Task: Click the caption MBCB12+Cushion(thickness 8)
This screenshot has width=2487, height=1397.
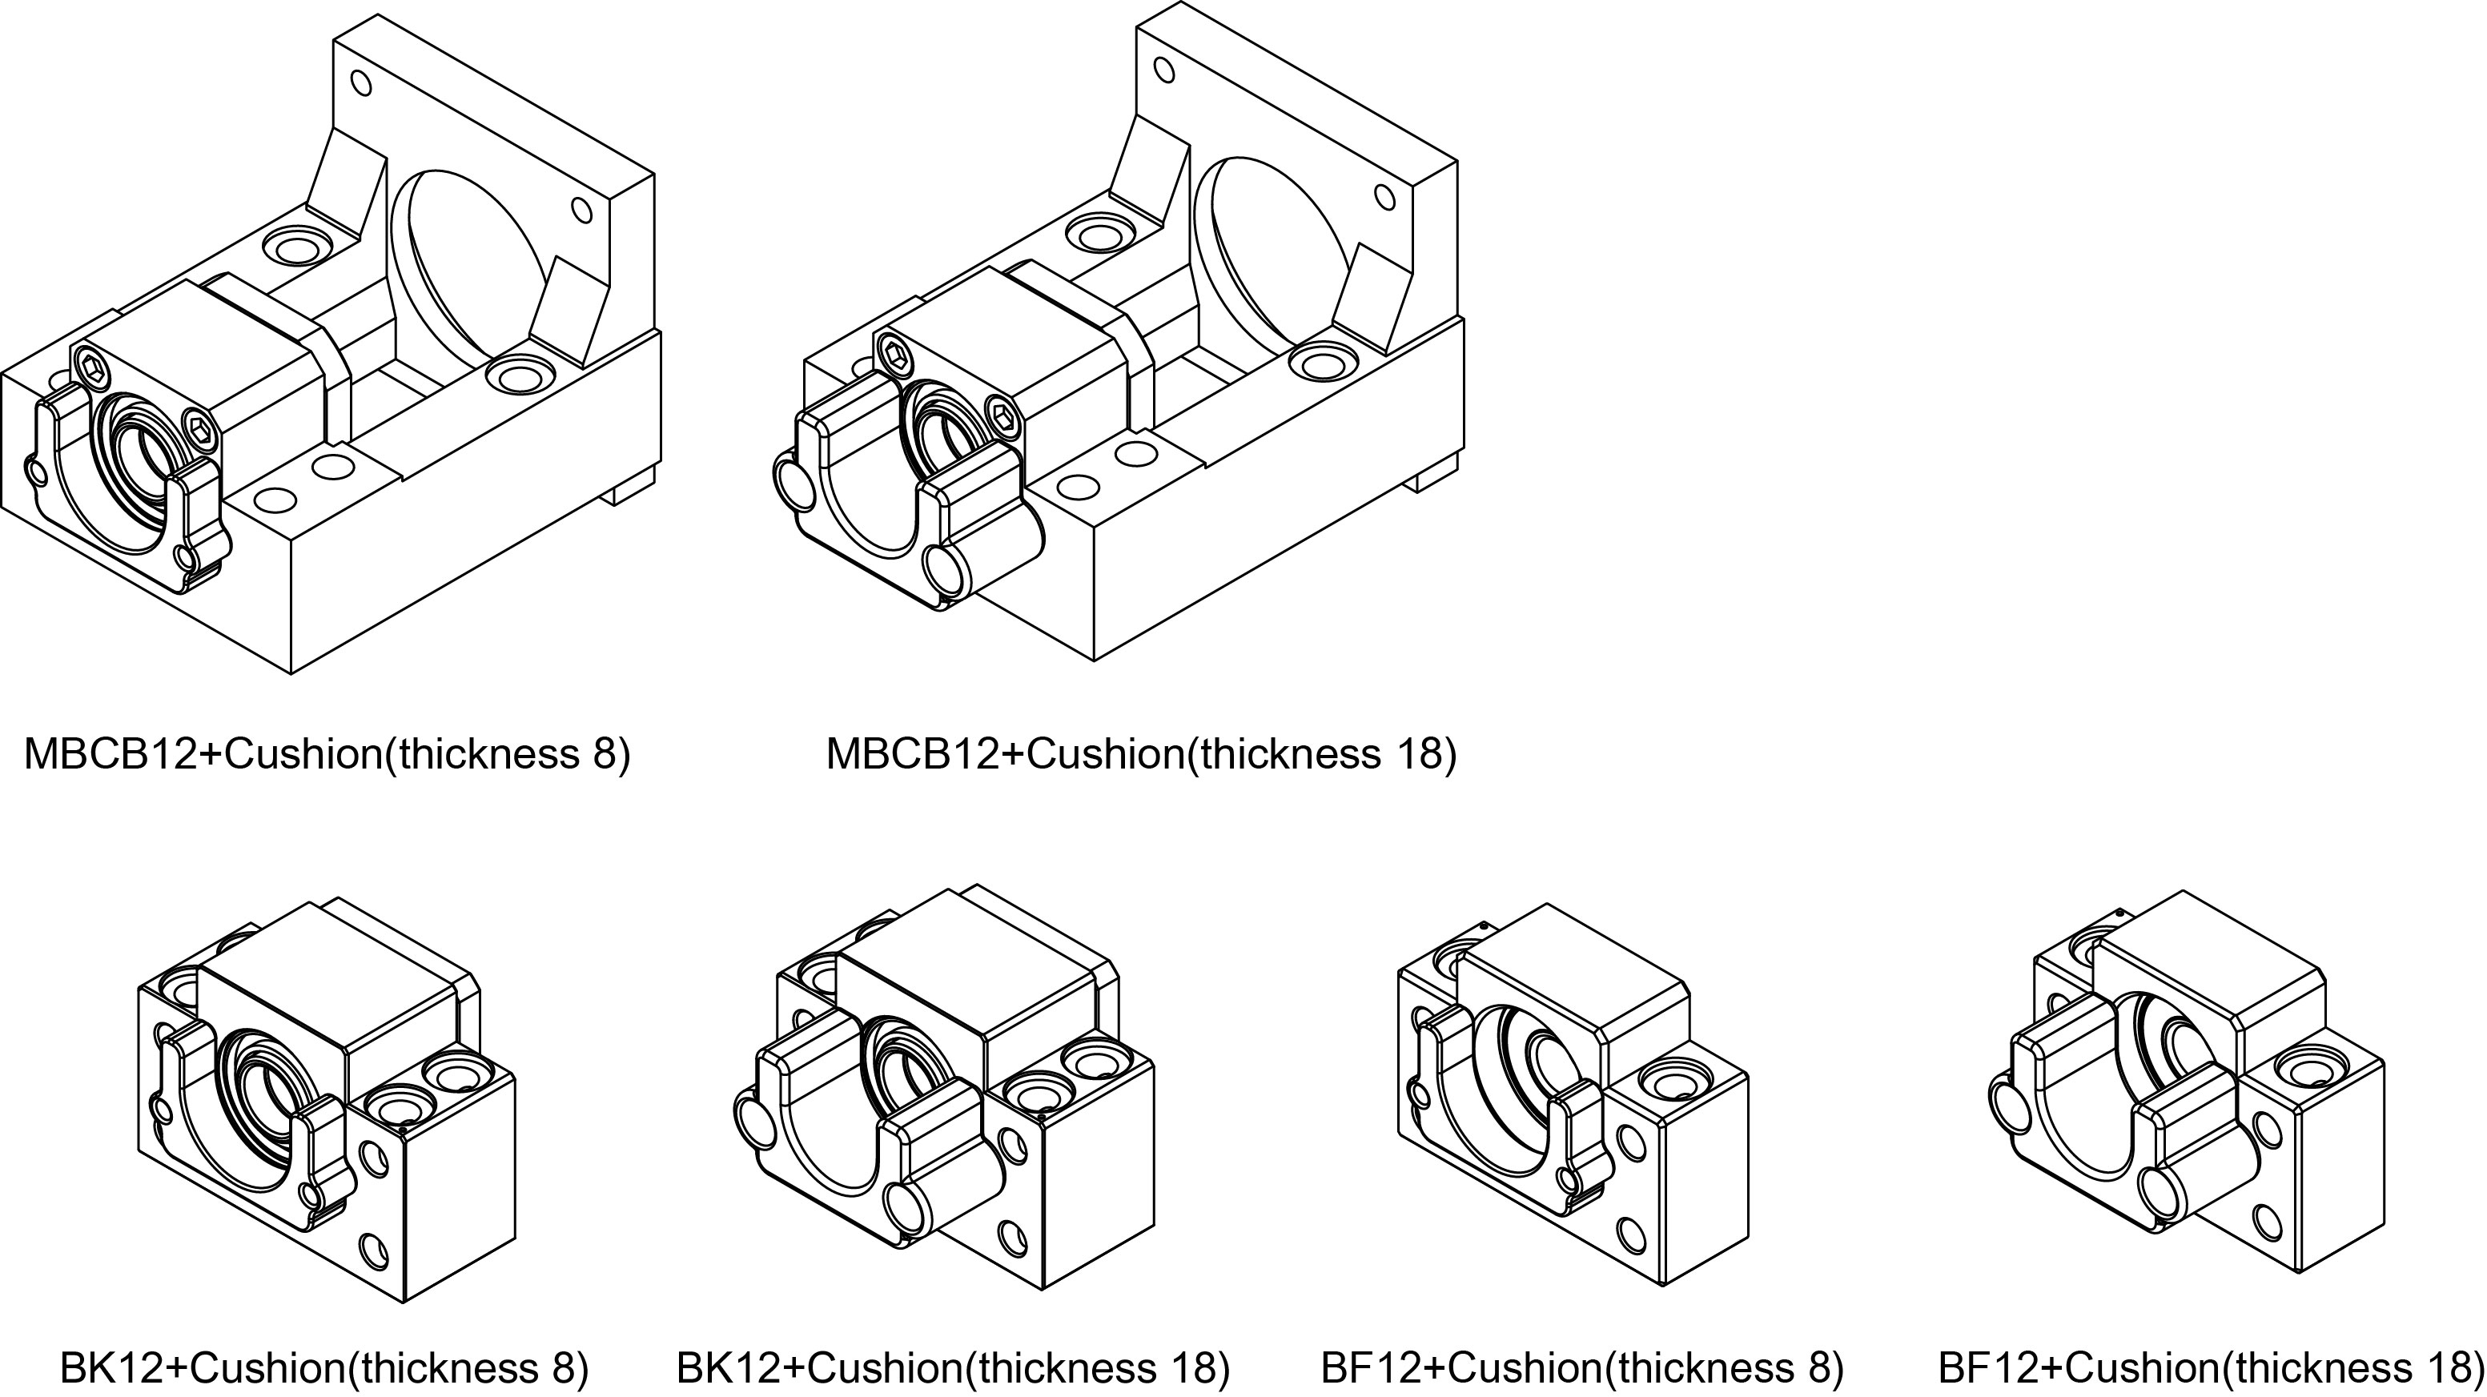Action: pyautogui.click(x=327, y=754)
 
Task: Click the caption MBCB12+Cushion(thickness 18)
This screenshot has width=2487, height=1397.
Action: pyautogui.click(x=1140, y=754)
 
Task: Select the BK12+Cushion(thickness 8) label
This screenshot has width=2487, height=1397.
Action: pyautogui.click(x=323, y=1367)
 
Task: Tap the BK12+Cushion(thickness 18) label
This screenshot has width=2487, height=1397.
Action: pyautogui.click(x=953, y=1367)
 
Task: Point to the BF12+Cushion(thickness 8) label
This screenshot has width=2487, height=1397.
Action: pyautogui.click(x=1581, y=1367)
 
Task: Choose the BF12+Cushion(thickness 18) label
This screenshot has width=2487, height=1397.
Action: pyautogui.click(x=2210, y=1367)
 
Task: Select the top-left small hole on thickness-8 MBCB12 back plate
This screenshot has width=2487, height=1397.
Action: pyautogui.click(x=361, y=83)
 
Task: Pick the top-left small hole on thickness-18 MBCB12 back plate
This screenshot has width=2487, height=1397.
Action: pyautogui.click(x=1164, y=70)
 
